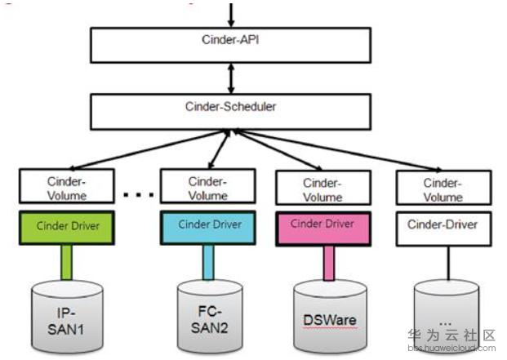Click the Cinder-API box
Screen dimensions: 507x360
pyautogui.click(x=230, y=45)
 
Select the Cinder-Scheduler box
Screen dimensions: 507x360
pyautogui.click(x=230, y=112)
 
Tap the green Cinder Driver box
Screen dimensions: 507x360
pyautogui.click(x=67, y=228)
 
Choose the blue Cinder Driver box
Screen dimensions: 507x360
pyautogui.click(x=208, y=228)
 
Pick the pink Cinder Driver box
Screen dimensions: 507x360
pyautogui.click(x=323, y=229)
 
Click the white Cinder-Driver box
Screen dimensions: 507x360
pyautogui.click(x=443, y=229)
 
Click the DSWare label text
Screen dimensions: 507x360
pyautogui.click(x=330, y=320)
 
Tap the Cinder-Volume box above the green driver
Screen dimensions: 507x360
pyautogui.click(x=67, y=186)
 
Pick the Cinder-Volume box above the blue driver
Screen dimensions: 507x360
pyautogui.click(x=208, y=186)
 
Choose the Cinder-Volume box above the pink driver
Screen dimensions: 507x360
pyautogui.click(x=323, y=188)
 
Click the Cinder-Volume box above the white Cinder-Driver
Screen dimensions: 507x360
pyautogui.click(x=443, y=188)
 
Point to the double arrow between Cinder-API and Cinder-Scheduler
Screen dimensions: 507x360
pyautogui.click(x=231, y=78)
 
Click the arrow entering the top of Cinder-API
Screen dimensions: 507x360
pyautogui.click(x=231, y=16)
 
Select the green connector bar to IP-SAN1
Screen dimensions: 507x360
pyautogui.click(x=67, y=262)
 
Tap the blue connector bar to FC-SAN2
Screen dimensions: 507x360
pyautogui.click(x=208, y=262)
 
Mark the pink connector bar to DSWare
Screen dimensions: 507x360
pyautogui.click(x=329, y=264)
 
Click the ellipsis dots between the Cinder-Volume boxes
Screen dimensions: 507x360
pyautogui.click(x=139, y=194)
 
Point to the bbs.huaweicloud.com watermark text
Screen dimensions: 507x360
pyautogui.click(x=451, y=348)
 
